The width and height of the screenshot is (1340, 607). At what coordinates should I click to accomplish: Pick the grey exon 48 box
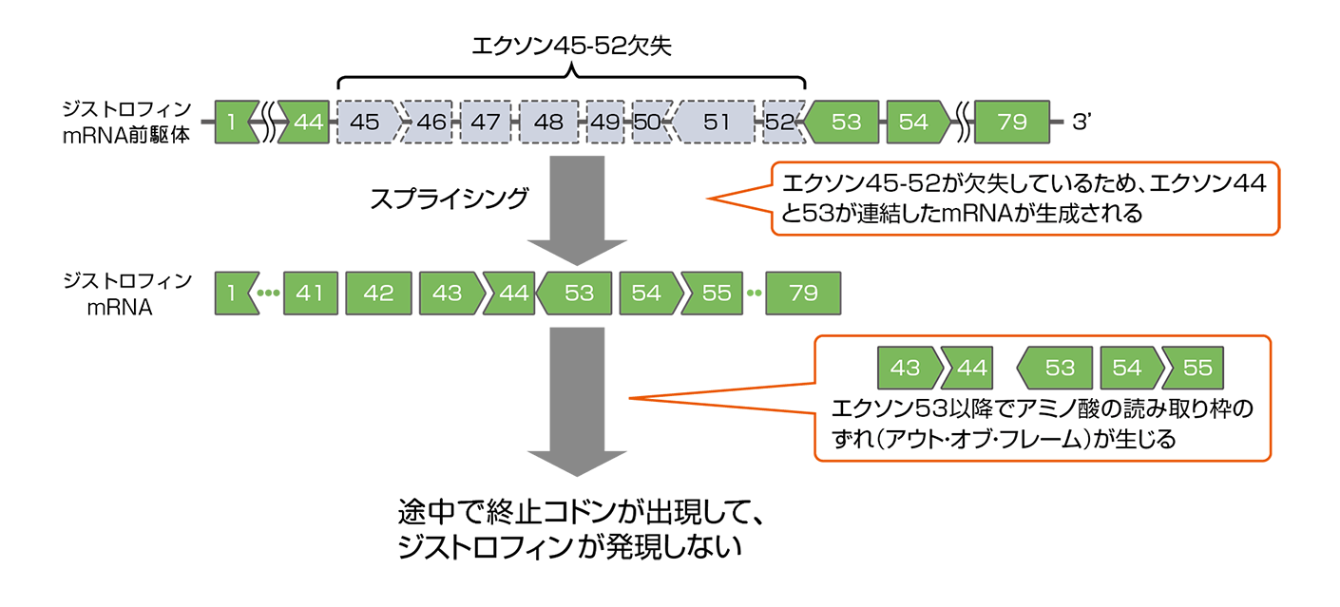(x=547, y=123)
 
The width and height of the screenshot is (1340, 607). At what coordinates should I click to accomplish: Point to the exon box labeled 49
(x=604, y=123)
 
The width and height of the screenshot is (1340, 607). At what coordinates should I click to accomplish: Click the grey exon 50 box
(x=647, y=123)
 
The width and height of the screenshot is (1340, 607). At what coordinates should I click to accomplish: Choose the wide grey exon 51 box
(x=716, y=123)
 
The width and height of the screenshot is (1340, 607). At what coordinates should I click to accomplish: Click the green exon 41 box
(x=310, y=294)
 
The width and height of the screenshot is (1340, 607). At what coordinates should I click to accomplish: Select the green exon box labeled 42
(x=378, y=294)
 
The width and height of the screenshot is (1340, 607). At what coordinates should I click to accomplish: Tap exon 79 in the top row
(x=1013, y=123)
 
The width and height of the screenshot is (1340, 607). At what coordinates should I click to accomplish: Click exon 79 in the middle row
(x=803, y=294)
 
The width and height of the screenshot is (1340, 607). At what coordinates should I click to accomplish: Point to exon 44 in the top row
(x=306, y=123)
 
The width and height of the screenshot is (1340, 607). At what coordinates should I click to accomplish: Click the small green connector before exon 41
(x=270, y=298)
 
